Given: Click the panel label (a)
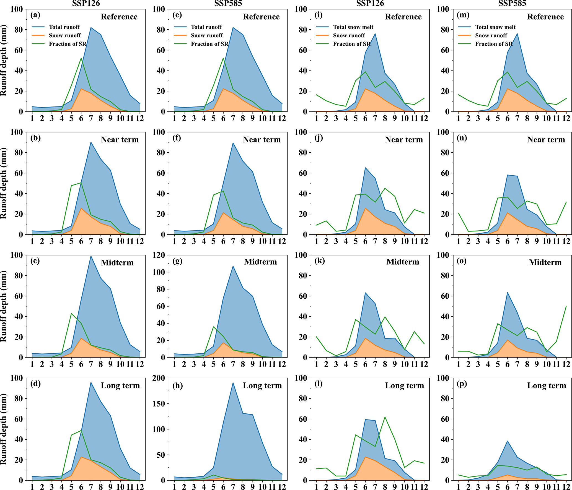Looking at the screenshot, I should [35, 15].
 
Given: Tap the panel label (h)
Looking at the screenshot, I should [177, 385].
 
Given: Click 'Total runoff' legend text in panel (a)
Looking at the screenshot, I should [64, 27].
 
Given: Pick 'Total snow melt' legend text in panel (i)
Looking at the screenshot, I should [353, 27].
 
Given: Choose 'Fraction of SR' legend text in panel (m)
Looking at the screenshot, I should [494, 44].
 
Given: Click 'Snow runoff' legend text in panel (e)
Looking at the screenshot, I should [207, 35].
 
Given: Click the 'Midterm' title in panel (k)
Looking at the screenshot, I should [403, 262].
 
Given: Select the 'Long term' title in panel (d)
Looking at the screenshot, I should [120, 385].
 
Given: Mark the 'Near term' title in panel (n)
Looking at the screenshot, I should [546, 140].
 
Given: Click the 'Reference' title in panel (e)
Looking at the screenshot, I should [261, 17].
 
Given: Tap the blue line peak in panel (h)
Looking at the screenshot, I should [233, 383].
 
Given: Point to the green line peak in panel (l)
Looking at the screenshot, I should [385, 417].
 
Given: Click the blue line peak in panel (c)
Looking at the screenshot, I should [91, 256].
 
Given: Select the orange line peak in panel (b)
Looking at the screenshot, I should [81, 208].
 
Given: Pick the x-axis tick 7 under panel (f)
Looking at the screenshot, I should [233, 241].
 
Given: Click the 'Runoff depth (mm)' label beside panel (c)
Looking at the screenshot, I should [4, 306].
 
